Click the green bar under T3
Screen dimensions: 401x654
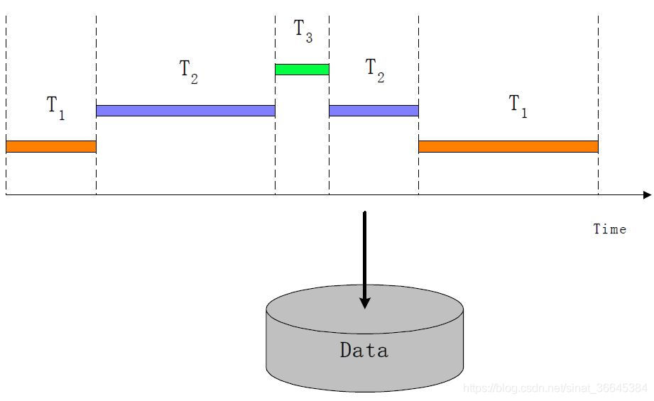tap(302, 70)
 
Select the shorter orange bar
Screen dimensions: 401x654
tap(50, 146)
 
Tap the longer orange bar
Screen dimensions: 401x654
tap(508, 146)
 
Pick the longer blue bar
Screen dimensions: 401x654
tap(185, 111)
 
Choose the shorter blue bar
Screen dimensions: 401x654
tap(374, 111)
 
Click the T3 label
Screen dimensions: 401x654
tap(303, 31)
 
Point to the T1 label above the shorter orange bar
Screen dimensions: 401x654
tap(55, 107)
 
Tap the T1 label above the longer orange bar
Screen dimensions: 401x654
tap(518, 106)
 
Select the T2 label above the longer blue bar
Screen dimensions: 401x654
tap(188, 71)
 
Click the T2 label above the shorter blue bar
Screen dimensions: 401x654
tap(374, 70)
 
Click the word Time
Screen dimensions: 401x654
tap(609, 229)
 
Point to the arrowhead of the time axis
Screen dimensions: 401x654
tap(647, 194)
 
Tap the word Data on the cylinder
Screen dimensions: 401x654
tap(364, 350)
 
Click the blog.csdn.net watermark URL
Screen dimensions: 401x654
tap(555, 388)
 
